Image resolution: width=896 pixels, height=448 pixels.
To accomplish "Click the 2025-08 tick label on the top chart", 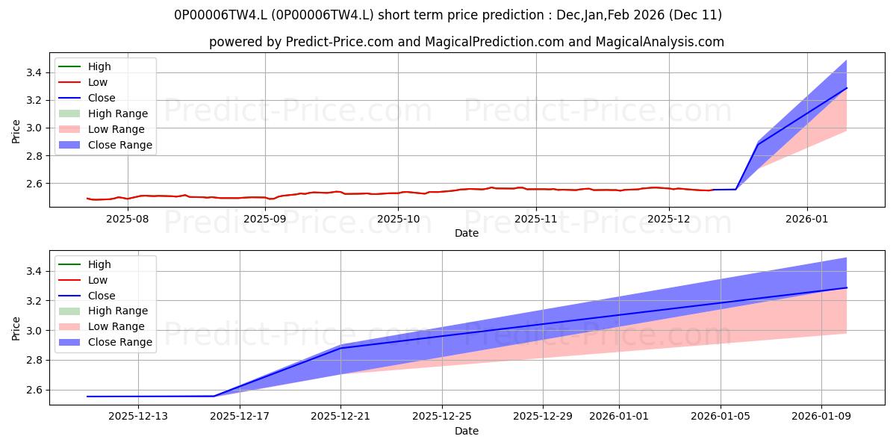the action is pos(127,220).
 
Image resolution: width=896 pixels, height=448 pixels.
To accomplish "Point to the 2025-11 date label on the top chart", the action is pos(535,220).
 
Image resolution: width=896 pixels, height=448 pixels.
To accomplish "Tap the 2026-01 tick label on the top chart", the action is pos(806,220).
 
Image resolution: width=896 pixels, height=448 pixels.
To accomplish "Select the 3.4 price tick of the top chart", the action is pos(34,72).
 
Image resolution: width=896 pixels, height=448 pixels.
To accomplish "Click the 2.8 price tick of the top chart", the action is pos(34,156).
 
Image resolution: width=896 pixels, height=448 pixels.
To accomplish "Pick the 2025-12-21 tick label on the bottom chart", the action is pos(340,417).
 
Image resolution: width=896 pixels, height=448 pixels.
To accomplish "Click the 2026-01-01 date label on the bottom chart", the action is pos(619,417).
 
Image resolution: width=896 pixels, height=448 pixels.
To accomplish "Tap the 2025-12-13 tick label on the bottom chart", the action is pos(138,417).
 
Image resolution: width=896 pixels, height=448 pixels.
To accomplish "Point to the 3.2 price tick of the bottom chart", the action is pos(34,301).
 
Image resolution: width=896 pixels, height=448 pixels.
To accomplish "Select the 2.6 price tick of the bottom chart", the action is pos(34,390).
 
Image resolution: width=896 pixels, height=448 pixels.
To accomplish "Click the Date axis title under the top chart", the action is pos(467,233).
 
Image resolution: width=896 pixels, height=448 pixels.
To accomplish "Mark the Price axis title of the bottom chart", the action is pos(16,329).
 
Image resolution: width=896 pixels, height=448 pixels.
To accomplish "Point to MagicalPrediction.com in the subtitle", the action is pos(494,42).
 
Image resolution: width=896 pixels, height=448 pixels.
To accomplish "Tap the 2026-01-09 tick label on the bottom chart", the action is pos(821,417).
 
